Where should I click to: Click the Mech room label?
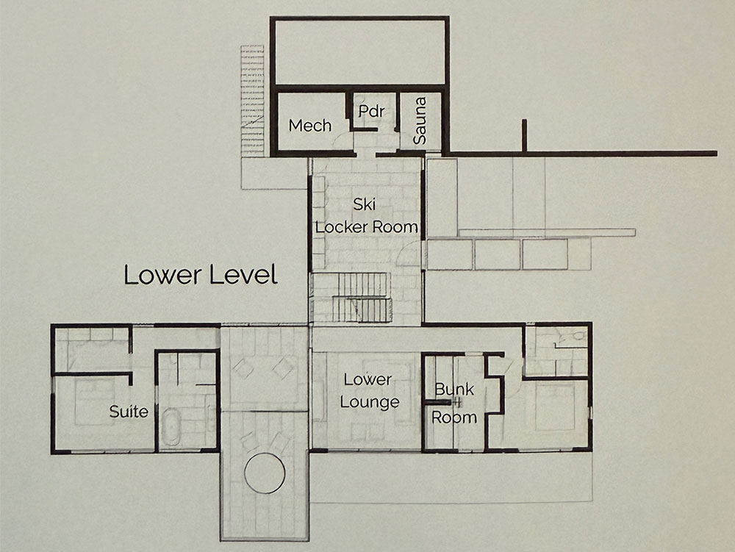pos(310,125)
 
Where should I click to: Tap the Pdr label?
pos(371,110)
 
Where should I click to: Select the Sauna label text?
pos(420,121)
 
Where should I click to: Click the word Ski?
pos(365,204)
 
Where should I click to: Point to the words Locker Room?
pos(367,227)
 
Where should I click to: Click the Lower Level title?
pos(201,275)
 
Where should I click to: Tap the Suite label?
pos(129,412)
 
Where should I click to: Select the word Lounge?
pos(370,403)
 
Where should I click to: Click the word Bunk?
pos(453,389)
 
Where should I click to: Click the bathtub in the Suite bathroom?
pos(171,427)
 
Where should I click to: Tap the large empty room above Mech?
pos(359,52)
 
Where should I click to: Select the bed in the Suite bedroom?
pos(95,401)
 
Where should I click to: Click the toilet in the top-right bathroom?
pos(578,335)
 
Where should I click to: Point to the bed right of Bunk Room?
pos(555,406)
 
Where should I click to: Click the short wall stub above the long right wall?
pos(525,135)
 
